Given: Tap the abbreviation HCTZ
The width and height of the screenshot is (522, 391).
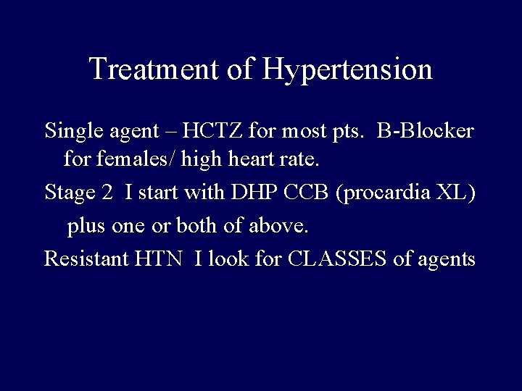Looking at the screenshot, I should coord(225,131).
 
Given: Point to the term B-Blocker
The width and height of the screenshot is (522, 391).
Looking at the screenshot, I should coord(425,131).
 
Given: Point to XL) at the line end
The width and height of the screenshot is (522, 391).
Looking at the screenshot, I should coord(459,194).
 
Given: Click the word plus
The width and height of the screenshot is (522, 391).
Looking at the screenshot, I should coord(86,227).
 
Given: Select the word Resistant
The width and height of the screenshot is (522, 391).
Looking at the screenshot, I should coord(86,258).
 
